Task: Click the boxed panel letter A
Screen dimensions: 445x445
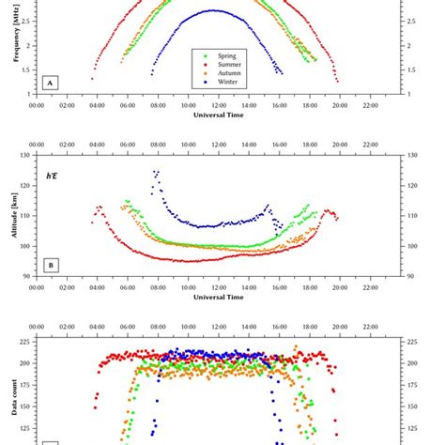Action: click(x=51, y=83)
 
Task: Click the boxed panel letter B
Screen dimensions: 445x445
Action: click(x=51, y=265)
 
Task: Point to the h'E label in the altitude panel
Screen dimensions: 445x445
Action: click(x=54, y=175)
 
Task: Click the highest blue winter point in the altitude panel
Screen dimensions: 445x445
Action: click(x=156, y=172)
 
